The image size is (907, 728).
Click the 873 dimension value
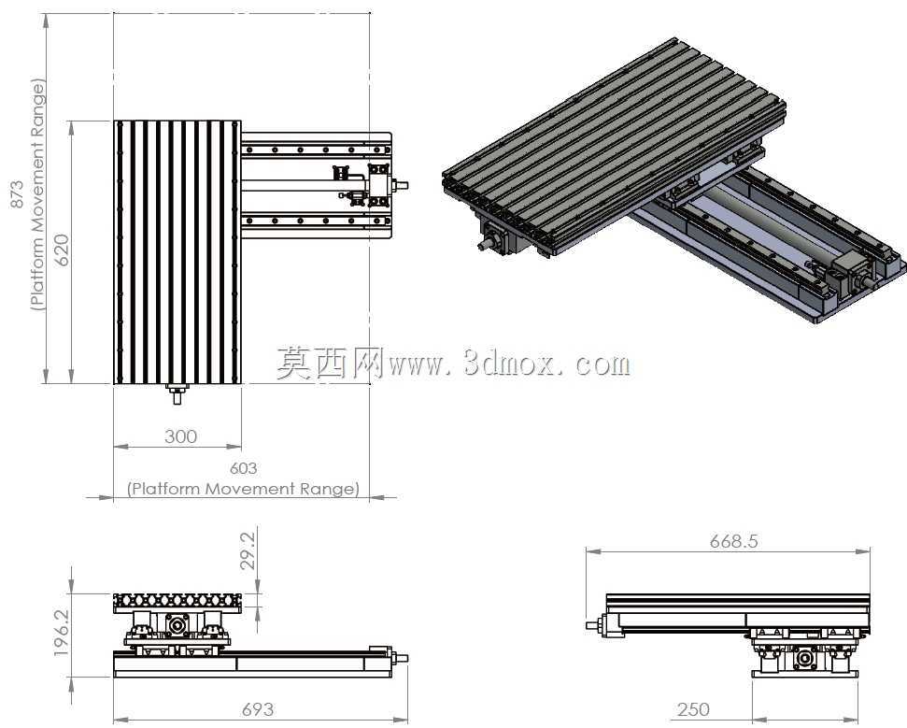tap(18, 194)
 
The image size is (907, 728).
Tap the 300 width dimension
tap(180, 436)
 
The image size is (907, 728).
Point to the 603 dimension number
tap(244, 467)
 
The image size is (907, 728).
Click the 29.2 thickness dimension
tap(247, 551)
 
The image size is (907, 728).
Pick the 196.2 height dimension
tap(61, 633)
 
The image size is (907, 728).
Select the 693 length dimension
tap(258, 709)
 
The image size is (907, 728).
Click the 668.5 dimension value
tap(733, 541)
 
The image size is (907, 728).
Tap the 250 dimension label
tap(693, 709)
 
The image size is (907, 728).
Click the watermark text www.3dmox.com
tap(510, 364)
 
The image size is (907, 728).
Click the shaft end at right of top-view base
tap(400, 185)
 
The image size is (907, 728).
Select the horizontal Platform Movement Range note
tap(243, 489)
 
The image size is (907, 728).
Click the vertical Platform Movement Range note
tap(37, 194)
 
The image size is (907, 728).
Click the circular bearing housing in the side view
tap(803, 659)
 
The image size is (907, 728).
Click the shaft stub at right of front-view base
tap(401, 658)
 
